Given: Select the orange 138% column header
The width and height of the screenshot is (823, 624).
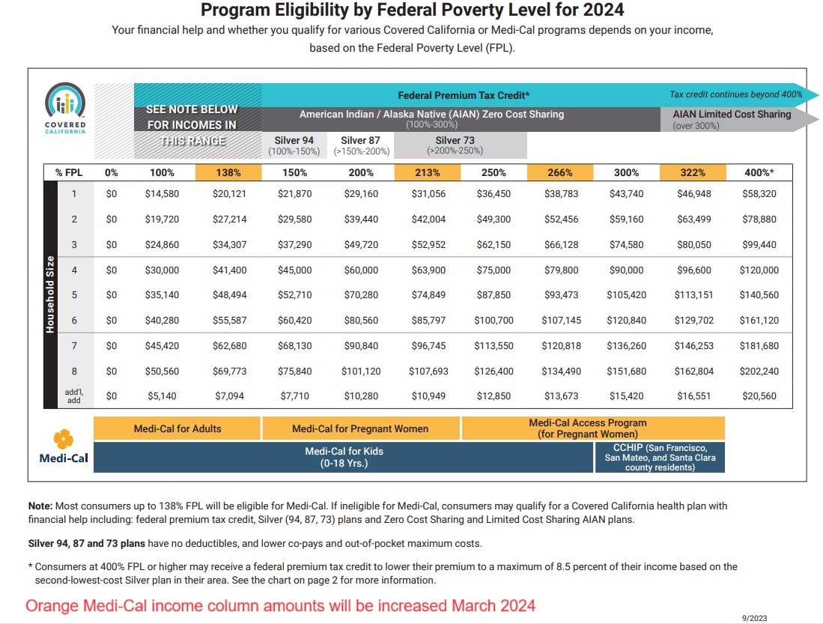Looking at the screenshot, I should point(228,172).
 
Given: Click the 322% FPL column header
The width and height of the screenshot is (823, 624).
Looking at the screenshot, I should point(693,172).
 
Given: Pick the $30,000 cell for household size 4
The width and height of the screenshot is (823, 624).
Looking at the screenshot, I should point(162,270).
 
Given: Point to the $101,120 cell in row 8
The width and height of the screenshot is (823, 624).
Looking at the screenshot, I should point(360,371).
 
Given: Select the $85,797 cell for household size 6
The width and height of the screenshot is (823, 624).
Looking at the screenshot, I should point(428,321).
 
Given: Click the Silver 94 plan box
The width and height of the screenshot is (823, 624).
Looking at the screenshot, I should point(294,145).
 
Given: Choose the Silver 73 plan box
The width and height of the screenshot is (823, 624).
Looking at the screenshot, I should point(455,145).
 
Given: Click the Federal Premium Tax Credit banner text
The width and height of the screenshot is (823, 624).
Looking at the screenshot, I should point(464,95).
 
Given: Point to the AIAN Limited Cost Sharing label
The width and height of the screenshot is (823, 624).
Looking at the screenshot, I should point(732,115).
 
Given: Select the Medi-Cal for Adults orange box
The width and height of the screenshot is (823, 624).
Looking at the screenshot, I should point(177,428).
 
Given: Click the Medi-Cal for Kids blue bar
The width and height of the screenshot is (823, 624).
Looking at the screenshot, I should point(344,457).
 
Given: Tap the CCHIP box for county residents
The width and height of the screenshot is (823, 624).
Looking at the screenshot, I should point(660,457).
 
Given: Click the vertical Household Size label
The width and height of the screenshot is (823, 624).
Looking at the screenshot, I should point(50,294).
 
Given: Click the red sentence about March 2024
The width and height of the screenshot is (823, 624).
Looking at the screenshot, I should point(281,605).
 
